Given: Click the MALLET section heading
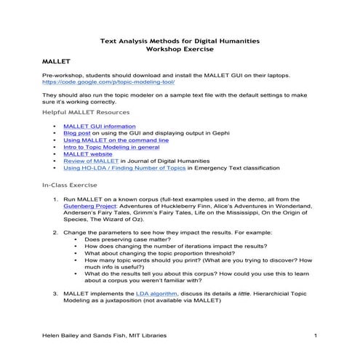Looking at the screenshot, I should coord(55,62).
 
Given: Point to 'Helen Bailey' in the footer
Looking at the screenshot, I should coord(60,335).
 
